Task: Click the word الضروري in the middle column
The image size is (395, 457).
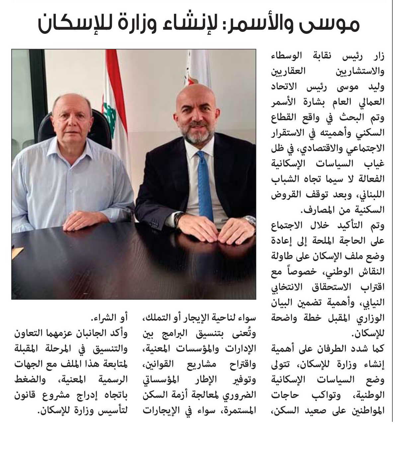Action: (x=240, y=395)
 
